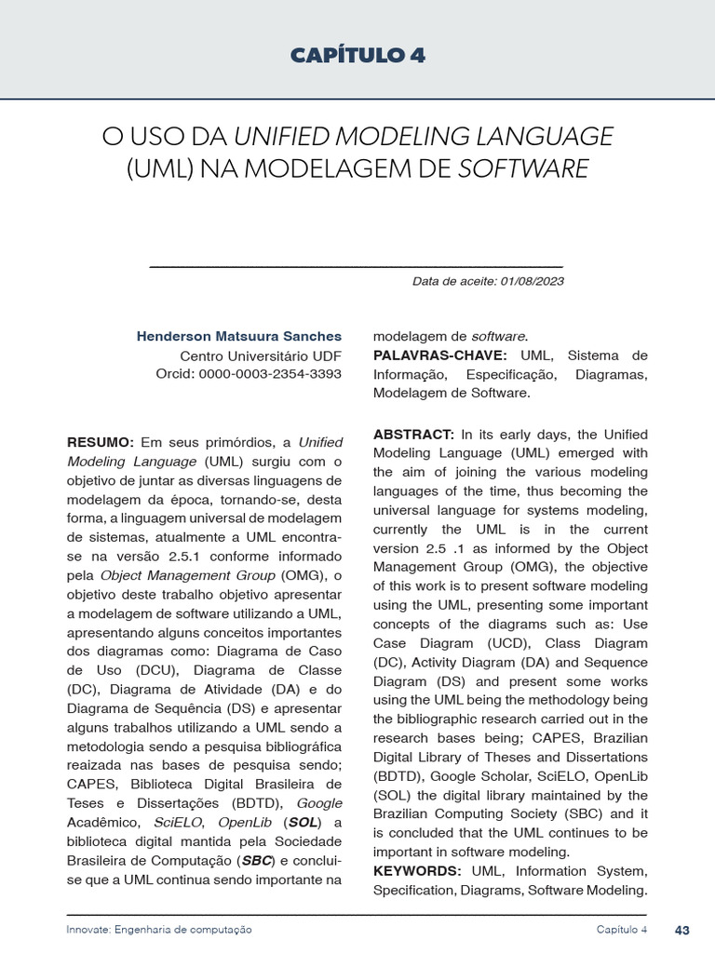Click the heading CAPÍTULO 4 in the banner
357,56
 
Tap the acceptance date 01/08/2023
532,281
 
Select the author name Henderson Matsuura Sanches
239,336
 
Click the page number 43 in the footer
682,930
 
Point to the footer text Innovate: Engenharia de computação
159,930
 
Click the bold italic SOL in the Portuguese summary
302,823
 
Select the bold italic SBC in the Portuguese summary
258,861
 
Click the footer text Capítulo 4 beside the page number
622,930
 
